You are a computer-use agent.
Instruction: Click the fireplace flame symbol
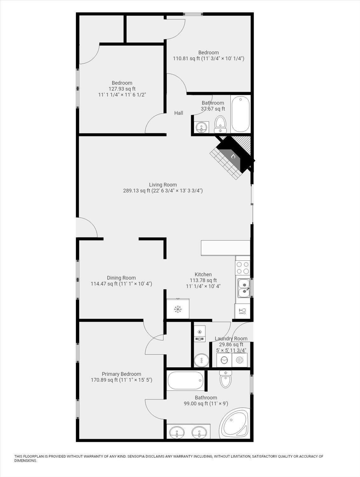(x=233, y=156)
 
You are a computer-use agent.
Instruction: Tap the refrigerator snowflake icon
(x=178, y=309)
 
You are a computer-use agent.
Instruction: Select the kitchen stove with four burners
(x=243, y=268)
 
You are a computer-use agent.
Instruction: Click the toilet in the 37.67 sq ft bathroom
(x=220, y=124)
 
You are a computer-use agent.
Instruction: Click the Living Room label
(x=163, y=185)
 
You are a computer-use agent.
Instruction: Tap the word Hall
(x=179, y=113)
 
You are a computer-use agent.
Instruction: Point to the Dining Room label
(x=121, y=278)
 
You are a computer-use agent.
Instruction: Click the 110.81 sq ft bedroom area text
(x=186, y=59)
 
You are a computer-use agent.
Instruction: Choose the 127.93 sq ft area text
(x=122, y=89)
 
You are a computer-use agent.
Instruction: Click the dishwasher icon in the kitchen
(x=242, y=311)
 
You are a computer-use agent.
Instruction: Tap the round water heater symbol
(x=201, y=360)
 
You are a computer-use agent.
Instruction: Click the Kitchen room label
(x=203, y=274)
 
